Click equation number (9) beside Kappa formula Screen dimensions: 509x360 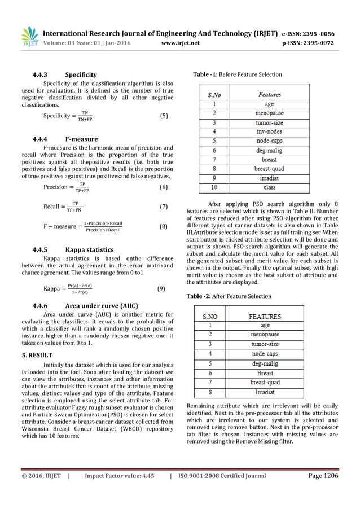click(161, 289)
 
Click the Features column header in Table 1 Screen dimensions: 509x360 click(269, 94)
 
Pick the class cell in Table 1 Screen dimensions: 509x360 click(269, 187)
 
